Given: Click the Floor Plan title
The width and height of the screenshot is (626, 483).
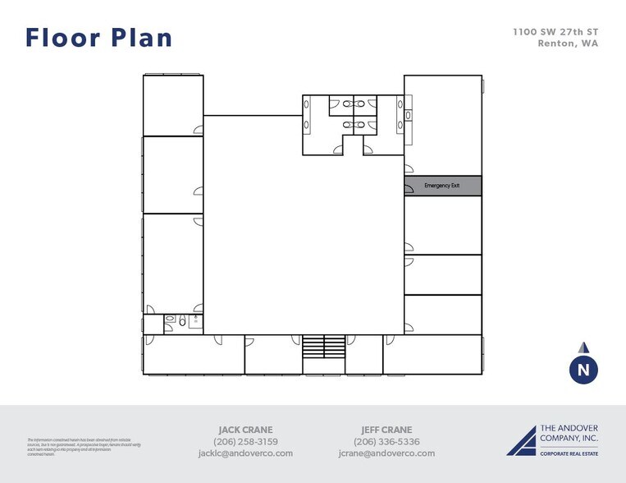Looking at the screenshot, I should coord(98,38).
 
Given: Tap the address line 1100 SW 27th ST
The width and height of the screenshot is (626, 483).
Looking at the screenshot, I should coord(555,32).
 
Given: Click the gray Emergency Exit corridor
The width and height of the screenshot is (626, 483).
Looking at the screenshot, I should coord(442,186).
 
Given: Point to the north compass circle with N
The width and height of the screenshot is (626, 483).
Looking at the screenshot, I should coord(583,370).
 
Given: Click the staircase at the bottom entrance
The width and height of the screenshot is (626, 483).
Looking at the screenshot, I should coord(323,346).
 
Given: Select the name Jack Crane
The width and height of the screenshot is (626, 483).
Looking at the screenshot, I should coord(245,430).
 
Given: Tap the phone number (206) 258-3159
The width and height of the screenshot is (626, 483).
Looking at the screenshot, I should coord(245,441).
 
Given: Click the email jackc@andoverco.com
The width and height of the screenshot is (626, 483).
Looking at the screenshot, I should coord(245,453).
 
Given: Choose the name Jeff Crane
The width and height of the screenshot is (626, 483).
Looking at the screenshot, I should coord(386,430).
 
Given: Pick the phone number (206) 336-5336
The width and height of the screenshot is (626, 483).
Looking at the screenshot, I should coord(386,441).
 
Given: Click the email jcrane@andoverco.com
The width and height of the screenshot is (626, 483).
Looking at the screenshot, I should coord(386,453).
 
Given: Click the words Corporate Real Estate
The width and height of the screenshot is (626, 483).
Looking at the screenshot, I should coord(569,453).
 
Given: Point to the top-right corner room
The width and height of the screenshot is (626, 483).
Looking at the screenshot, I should coord(442,123).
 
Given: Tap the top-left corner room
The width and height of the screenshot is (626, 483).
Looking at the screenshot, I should coord(173,104).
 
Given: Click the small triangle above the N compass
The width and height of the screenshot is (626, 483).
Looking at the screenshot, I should coord(583,347).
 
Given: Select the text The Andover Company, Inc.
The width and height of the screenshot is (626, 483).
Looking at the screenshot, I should coord(569,434).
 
